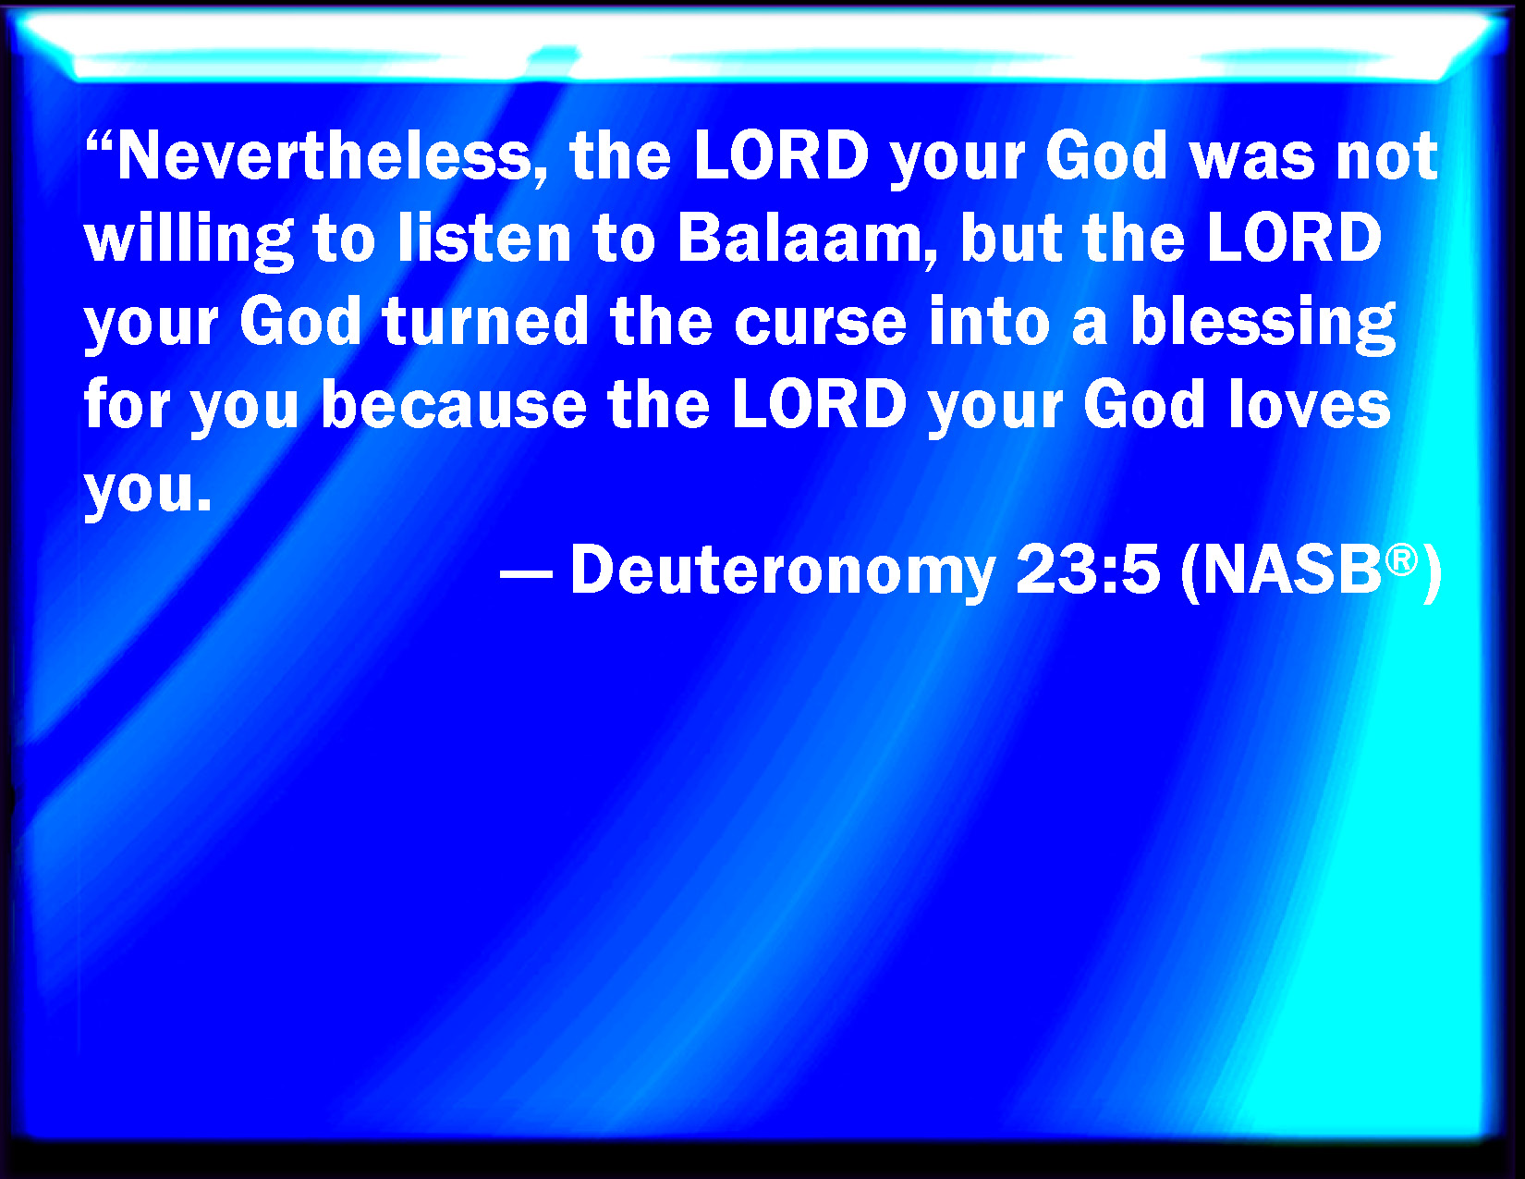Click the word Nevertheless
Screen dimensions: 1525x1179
tap(326, 156)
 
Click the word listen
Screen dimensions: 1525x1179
tap(485, 239)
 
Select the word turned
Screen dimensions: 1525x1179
tap(485, 323)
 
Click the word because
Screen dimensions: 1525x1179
tap(454, 405)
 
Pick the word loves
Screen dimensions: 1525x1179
tap(1310, 405)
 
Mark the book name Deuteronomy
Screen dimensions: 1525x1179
tap(783, 571)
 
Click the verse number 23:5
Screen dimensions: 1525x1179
tap(1088, 570)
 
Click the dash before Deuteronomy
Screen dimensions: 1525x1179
tap(526, 575)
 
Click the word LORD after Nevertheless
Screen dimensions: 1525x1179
tap(782, 156)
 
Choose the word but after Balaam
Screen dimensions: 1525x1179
tap(1013, 239)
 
